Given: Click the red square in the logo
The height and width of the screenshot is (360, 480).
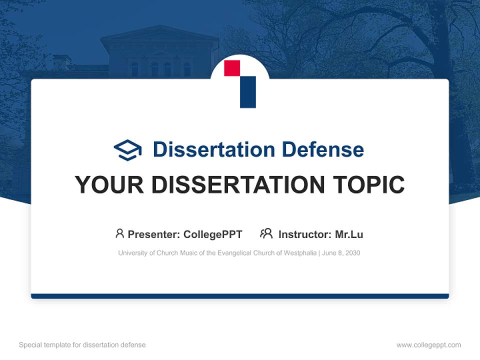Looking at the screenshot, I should (x=232, y=68).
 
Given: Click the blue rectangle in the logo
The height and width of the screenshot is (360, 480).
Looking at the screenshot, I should (x=248, y=92).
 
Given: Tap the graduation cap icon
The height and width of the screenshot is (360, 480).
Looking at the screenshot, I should (x=127, y=149).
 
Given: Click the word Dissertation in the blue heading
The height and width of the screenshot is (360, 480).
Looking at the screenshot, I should (x=213, y=149).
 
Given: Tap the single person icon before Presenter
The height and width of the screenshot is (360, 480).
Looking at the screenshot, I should (x=119, y=233).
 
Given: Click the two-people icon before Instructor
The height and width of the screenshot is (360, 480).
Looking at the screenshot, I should (x=266, y=233).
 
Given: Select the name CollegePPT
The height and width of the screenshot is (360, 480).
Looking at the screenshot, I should (x=212, y=234).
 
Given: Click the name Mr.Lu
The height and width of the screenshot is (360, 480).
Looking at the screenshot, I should (x=348, y=234).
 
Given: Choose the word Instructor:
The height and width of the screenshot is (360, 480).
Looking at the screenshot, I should (x=304, y=234).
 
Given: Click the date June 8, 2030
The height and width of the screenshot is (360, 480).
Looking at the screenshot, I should (x=341, y=253).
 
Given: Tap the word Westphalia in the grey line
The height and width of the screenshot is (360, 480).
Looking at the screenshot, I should (x=300, y=253).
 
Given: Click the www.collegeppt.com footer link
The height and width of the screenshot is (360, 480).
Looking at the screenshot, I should (x=428, y=345).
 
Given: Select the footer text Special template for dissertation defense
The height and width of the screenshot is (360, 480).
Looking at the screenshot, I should (x=82, y=345).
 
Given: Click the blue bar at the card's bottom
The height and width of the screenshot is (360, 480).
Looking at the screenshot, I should (x=240, y=296).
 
